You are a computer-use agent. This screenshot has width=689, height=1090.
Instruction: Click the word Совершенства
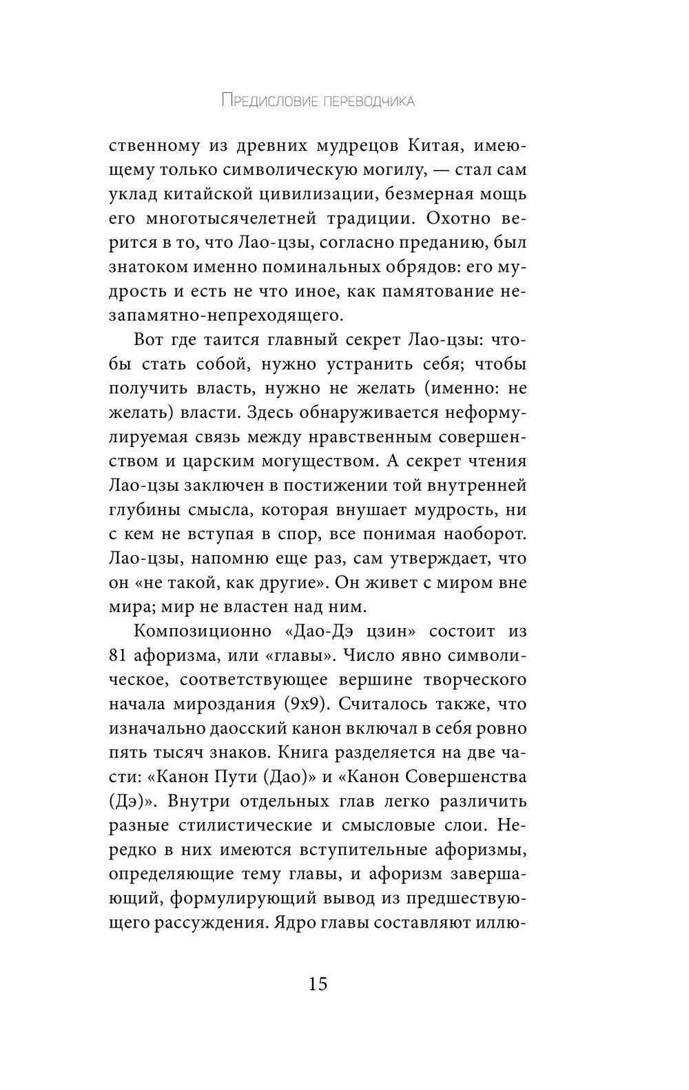click(x=465, y=777)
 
